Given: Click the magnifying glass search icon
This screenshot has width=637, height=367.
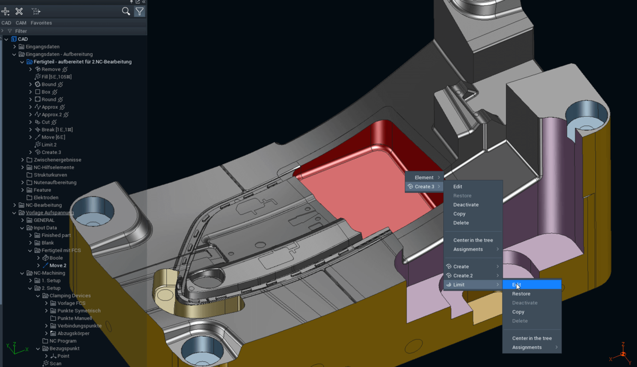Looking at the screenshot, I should click(126, 11).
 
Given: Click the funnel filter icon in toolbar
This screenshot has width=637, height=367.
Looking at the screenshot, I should click(139, 11).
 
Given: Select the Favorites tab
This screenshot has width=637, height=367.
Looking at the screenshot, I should click(41, 23).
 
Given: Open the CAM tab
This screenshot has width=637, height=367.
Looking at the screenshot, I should click(21, 23).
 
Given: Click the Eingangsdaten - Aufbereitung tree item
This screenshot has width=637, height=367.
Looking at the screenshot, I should click(59, 54).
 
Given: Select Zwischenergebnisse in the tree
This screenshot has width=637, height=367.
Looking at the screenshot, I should click(57, 160).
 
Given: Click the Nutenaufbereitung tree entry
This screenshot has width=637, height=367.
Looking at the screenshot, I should click(55, 183).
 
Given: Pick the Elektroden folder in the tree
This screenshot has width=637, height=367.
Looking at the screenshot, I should click(46, 198).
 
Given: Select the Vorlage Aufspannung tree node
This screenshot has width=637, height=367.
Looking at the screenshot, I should click(50, 213).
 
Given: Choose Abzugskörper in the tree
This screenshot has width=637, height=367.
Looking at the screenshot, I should click(73, 334).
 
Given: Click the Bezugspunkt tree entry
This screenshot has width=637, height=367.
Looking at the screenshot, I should click(64, 349).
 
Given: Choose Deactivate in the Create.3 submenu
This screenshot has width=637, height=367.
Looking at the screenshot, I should click(466, 205).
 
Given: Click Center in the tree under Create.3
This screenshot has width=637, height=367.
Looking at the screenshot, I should click(473, 241).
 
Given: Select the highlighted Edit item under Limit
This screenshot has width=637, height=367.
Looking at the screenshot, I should click(517, 285).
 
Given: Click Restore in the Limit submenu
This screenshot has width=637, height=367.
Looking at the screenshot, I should click(521, 294).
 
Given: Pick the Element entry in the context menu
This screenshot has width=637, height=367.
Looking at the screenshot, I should click(424, 177).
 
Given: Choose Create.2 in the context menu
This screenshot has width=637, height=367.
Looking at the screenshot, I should click(462, 276).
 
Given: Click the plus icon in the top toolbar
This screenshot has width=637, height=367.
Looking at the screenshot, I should click(6, 11).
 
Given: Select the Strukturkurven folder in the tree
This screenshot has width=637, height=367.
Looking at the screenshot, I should click(50, 175).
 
